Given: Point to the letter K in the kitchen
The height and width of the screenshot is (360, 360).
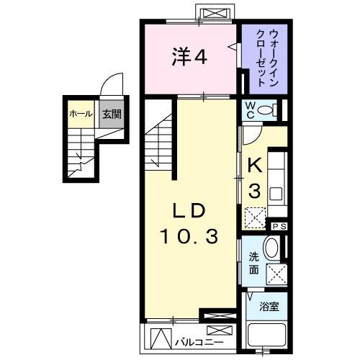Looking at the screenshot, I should (x=254, y=166).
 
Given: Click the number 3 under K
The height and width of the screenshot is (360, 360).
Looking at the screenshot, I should (x=254, y=191).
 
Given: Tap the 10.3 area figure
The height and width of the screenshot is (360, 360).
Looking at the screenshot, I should (x=189, y=235).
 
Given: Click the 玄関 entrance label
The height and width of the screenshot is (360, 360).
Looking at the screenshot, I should (x=110, y=114).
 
